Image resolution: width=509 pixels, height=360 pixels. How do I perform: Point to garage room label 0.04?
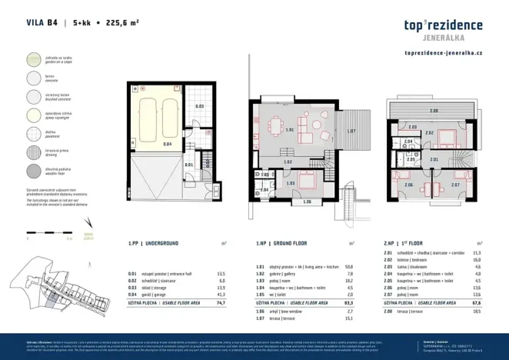(x=145, y=144)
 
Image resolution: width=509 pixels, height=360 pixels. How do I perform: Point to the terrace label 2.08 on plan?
(x=434, y=112)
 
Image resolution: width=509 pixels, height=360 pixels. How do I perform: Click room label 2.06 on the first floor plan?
(x=408, y=185)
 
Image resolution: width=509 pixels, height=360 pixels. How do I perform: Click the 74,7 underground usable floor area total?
(x=221, y=304)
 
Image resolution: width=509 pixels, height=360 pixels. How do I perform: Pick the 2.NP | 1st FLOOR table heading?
(x=411, y=242)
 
